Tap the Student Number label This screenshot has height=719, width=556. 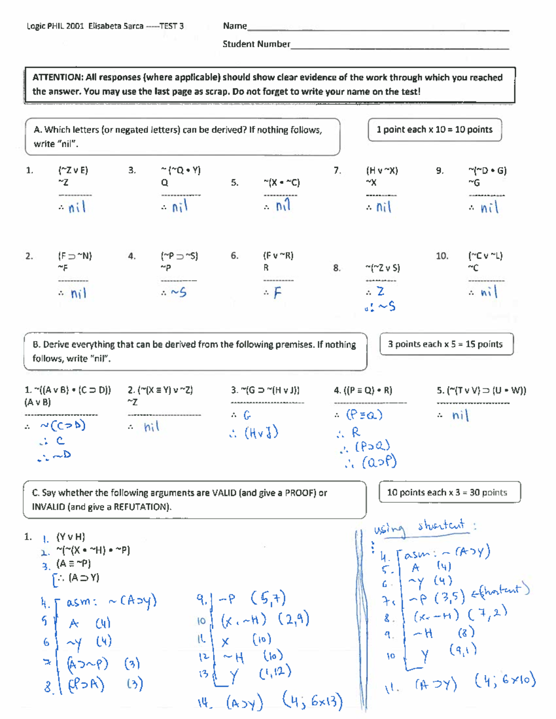pos(256,44)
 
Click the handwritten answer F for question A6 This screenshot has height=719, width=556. pos(277,293)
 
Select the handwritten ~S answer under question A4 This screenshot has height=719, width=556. pos(178,292)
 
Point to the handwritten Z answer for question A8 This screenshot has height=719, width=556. pos(380,291)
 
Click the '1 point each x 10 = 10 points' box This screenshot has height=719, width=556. pos(434,130)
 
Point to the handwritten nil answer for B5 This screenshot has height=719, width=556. pos(460,415)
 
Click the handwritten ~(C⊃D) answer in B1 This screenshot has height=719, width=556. pos(63,425)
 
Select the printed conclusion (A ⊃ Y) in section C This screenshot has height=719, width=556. pos(83,577)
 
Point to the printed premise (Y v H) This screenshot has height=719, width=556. pos(70,537)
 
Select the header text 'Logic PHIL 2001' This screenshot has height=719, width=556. pos(55,26)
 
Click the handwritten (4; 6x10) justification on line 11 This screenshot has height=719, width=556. pos(505,681)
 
